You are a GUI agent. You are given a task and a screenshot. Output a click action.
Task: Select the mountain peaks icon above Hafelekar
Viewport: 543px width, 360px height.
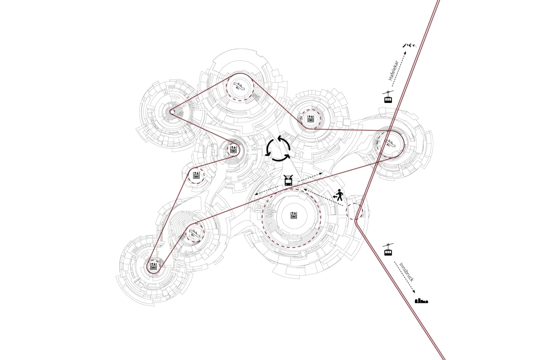(x=412, y=45)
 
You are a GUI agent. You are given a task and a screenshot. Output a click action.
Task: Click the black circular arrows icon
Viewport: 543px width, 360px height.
(x=278, y=149)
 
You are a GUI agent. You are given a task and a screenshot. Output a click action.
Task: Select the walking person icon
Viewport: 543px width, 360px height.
(x=338, y=196)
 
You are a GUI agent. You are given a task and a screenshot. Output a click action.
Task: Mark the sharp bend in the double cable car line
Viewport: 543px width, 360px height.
(x=355, y=220)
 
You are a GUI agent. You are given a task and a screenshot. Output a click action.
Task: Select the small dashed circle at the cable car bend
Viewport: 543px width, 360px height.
(x=354, y=211)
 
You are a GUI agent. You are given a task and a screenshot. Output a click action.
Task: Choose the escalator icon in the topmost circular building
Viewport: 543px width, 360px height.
(x=239, y=85)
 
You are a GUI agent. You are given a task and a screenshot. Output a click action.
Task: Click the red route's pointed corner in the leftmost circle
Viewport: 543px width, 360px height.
(x=172, y=111)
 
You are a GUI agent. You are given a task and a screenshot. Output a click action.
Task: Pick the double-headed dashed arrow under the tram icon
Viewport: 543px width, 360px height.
(x=286, y=184)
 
